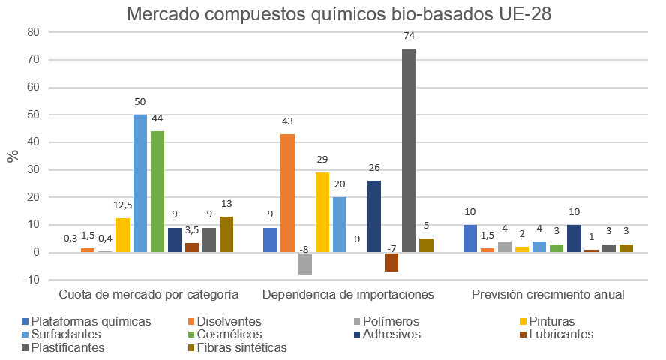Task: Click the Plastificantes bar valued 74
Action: pos(409,150)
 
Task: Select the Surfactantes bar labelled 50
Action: pos(140,183)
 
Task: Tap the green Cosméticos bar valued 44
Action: pos(157,191)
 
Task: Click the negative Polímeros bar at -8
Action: pos(304,263)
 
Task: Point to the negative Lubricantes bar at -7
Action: pos(391,262)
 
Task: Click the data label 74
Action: pos(409,36)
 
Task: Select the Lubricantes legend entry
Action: pos(562,334)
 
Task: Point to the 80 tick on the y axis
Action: pos(31,32)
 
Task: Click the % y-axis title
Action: pos(12,156)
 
